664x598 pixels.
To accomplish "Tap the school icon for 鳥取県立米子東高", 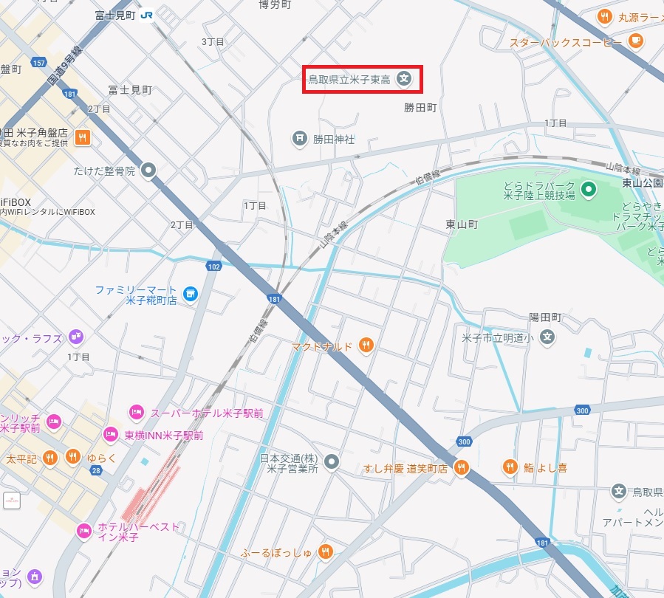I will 404,78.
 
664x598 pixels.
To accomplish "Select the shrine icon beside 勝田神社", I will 299,138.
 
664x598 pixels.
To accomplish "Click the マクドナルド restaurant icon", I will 365,345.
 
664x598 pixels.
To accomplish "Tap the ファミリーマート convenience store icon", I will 191,295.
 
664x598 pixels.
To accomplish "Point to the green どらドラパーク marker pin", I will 588,190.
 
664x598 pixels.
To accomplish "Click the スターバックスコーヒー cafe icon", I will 635,41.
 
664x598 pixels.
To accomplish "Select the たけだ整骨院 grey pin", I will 148,171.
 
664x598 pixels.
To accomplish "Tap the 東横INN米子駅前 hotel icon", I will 111,434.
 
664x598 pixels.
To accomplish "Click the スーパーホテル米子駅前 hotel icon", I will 136,412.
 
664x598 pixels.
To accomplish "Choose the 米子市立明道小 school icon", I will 547,338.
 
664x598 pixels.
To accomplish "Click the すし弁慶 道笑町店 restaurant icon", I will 462,467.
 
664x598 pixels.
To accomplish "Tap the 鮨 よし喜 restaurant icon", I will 510,467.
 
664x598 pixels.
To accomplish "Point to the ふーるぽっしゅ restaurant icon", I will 325,551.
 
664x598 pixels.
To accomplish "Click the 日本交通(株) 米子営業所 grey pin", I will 332,462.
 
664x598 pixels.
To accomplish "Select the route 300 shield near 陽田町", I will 582,410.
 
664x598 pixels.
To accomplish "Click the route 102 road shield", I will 214,266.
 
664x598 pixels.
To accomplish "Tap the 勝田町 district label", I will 420,108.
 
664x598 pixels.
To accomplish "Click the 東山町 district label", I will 462,224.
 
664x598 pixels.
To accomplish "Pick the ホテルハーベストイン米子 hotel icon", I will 83,529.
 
